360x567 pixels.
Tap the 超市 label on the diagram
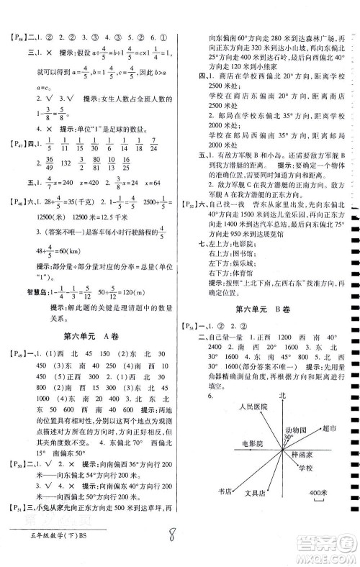[x=330, y=448]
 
